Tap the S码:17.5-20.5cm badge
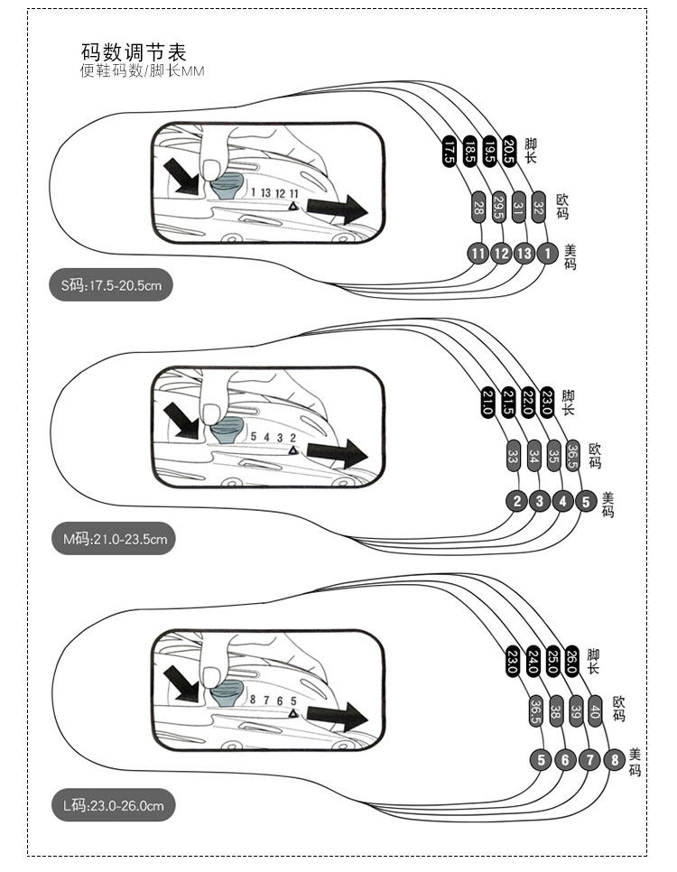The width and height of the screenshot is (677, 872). coord(111,287)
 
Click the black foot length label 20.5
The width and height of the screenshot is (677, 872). coord(510,147)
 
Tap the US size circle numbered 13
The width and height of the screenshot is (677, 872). coord(524,254)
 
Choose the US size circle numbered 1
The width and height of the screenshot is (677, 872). coord(546,254)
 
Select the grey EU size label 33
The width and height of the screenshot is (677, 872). coord(513,455)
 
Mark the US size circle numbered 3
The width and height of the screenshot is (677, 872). coord(541,501)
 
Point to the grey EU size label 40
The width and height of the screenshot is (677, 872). coord(595,710)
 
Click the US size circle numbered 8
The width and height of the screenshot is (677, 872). coord(614,759)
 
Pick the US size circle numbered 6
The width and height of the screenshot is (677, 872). coord(566,759)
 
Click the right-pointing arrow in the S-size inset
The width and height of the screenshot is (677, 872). coord(337,209)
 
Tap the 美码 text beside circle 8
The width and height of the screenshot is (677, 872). coord(635,763)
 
